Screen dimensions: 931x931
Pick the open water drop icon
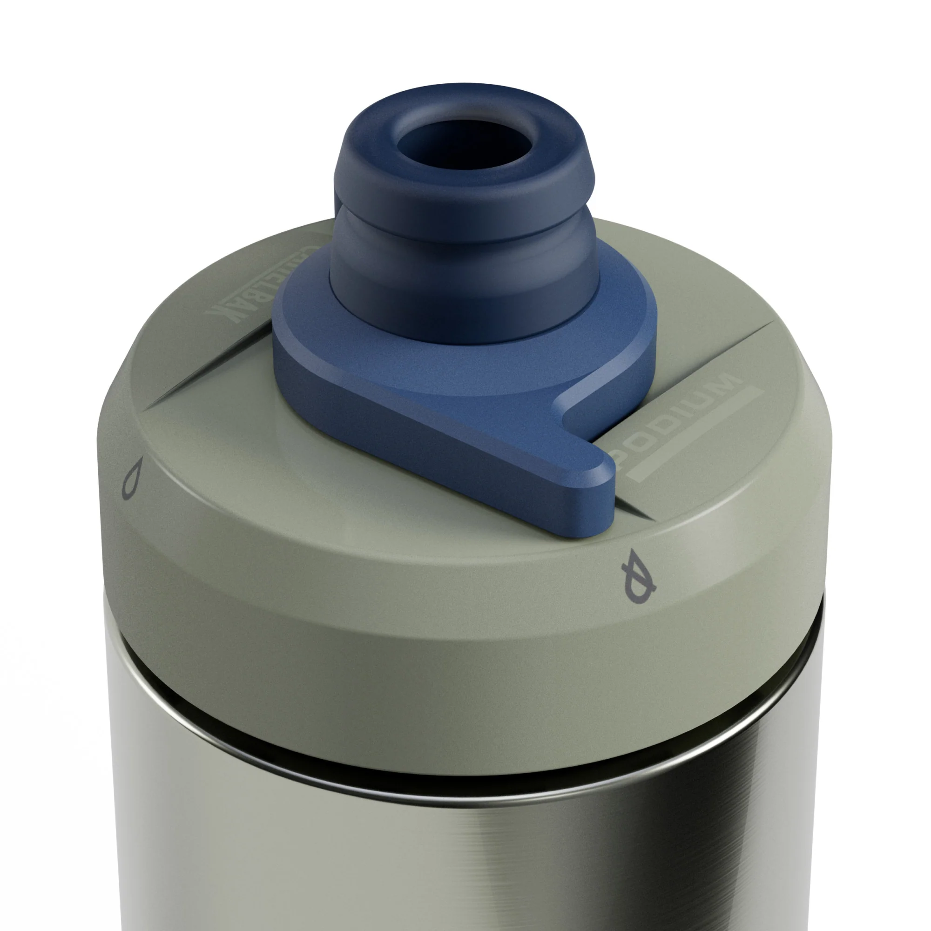[132, 477]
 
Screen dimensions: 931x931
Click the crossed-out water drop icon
[639, 576]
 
